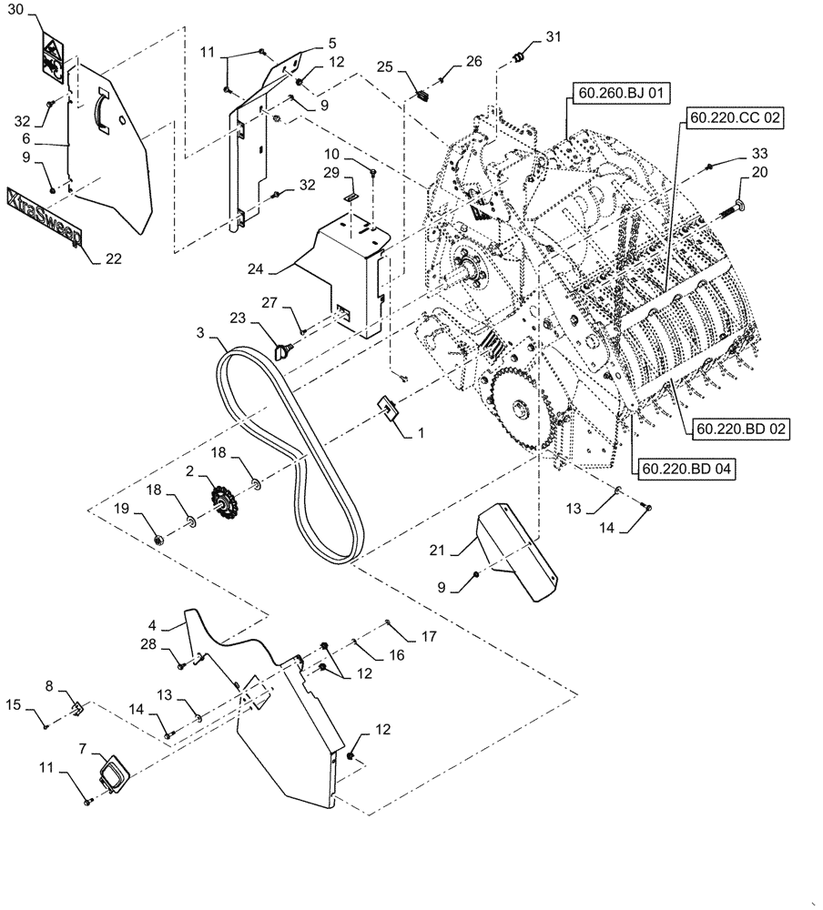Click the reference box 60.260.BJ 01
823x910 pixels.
coord(610,92)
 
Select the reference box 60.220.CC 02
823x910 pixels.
coord(736,118)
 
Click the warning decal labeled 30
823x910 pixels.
coord(51,53)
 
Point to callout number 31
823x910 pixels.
coord(554,37)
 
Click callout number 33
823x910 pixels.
coord(759,154)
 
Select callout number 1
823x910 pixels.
coord(421,435)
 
